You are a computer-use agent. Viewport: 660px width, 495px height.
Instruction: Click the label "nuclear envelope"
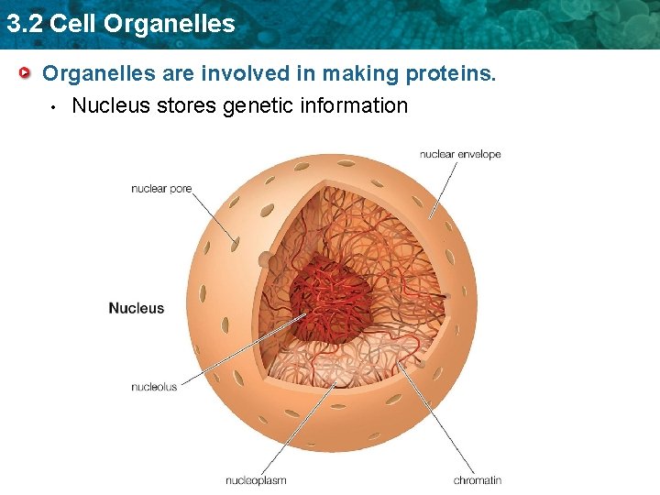pyautogui.click(x=460, y=154)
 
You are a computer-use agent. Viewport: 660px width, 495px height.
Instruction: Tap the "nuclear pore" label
pyautogui.click(x=161, y=189)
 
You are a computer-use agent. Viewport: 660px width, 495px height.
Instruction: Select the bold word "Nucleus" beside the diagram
pyautogui.click(x=137, y=309)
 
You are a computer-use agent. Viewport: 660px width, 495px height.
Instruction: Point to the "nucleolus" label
pyautogui.click(x=154, y=387)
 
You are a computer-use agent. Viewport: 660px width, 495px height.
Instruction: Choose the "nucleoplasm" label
pyautogui.click(x=256, y=479)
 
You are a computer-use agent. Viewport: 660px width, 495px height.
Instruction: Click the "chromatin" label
pyautogui.click(x=478, y=479)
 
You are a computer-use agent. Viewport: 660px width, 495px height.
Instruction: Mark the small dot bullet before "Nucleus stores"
pyautogui.click(x=55, y=106)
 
